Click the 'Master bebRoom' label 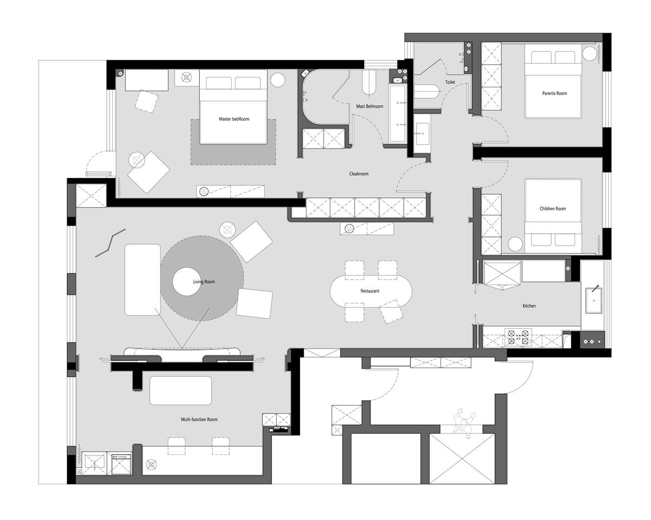click(234, 119)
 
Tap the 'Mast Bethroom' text click(369, 106)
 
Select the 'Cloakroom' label click(359, 174)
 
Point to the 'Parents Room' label click(554, 93)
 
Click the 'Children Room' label click(553, 209)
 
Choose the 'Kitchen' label click(529, 306)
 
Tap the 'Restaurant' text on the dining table click(370, 291)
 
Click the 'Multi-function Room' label click(199, 419)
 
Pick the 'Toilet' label click(450, 82)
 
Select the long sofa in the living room click(143, 279)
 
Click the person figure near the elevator click(464, 422)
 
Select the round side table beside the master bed click(278, 80)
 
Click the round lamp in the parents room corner click(590, 54)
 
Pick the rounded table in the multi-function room click(181, 390)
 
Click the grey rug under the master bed click(233, 153)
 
